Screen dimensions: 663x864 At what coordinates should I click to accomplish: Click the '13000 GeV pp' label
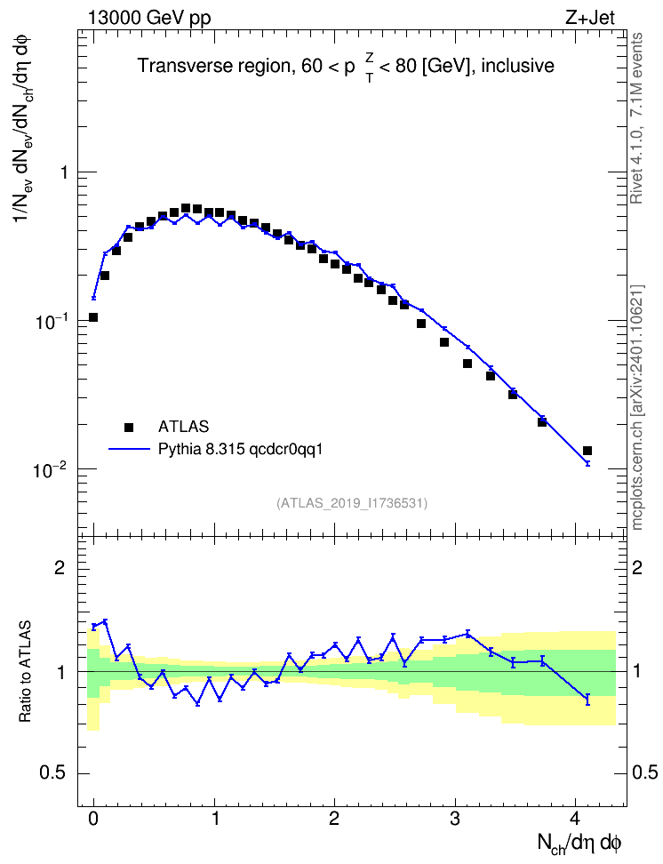(x=149, y=18)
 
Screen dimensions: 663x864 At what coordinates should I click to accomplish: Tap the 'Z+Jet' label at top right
(x=590, y=18)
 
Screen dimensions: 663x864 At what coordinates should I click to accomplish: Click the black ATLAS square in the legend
(x=129, y=427)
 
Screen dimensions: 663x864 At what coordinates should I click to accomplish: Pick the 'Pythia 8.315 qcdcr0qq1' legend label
(x=240, y=450)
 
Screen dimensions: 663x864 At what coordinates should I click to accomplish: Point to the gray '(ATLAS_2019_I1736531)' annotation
(x=352, y=503)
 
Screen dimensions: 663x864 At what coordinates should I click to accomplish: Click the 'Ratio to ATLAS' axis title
(x=25, y=671)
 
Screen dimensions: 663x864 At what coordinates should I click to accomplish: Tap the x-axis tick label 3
(x=455, y=819)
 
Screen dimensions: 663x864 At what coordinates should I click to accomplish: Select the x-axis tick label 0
(x=93, y=819)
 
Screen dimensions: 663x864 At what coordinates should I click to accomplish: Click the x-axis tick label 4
(x=575, y=819)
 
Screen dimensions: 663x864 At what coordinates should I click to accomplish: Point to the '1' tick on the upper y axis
(x=65, y=172)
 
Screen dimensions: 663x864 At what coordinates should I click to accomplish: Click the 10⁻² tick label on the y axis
(x=50, y=469)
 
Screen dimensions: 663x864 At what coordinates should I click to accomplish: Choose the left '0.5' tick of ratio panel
(x=52, y=773)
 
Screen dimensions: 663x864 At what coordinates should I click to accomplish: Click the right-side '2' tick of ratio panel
(x=637, y=567)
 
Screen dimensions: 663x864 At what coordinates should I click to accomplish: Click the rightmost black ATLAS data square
(x=587, y=451)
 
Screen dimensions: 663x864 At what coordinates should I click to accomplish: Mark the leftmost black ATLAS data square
(x=93, y=317)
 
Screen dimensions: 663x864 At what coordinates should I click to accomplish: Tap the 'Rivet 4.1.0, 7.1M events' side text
(x=637, y=118)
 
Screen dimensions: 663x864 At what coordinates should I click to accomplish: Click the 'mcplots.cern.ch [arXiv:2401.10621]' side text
(x=637, y=408)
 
